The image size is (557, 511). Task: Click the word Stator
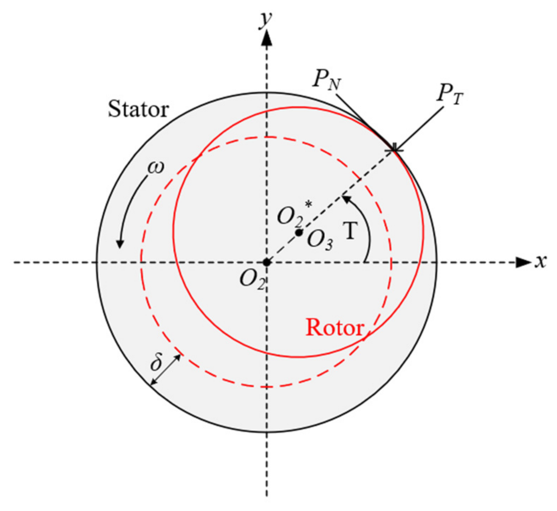click(138, 109)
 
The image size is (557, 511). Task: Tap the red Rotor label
click(335, 327)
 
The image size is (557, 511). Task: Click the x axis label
click(541, 262)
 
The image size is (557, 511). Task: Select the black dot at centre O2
click(266, 262)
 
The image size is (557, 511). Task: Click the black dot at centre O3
click(299, 233)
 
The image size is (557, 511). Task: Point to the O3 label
click(320, 241)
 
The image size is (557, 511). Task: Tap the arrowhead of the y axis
click(266, 37)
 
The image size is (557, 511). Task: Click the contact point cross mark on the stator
click(394, 150)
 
